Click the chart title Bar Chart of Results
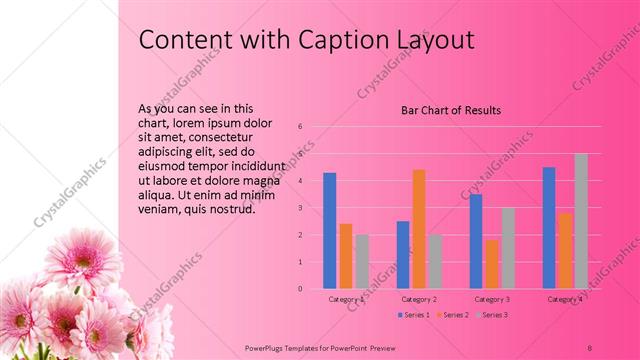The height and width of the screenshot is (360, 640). [x=450, y=110]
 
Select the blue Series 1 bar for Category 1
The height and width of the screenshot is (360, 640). [x=330, y=230]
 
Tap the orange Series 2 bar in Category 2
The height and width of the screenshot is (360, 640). [x=418, y=229]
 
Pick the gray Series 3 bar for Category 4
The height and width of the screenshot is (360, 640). [x=580, y=221]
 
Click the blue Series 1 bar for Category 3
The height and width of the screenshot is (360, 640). [x=476, y=241]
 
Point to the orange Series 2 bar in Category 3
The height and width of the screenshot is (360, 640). [x=491, y=264]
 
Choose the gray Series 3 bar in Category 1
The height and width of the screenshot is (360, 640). [x=361, y=261]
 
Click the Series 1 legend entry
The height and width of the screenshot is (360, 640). [x=414, y=315]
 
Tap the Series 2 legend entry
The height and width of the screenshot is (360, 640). [x=451, y=315]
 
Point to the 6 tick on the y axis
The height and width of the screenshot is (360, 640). [x=298, y=126]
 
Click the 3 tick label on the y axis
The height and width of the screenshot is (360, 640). [x=298, y=208]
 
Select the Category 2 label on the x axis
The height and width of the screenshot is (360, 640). [x=418, y=299]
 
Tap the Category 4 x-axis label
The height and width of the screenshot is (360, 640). [x=564, y=299]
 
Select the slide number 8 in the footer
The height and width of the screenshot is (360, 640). [x=590, y=346]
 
